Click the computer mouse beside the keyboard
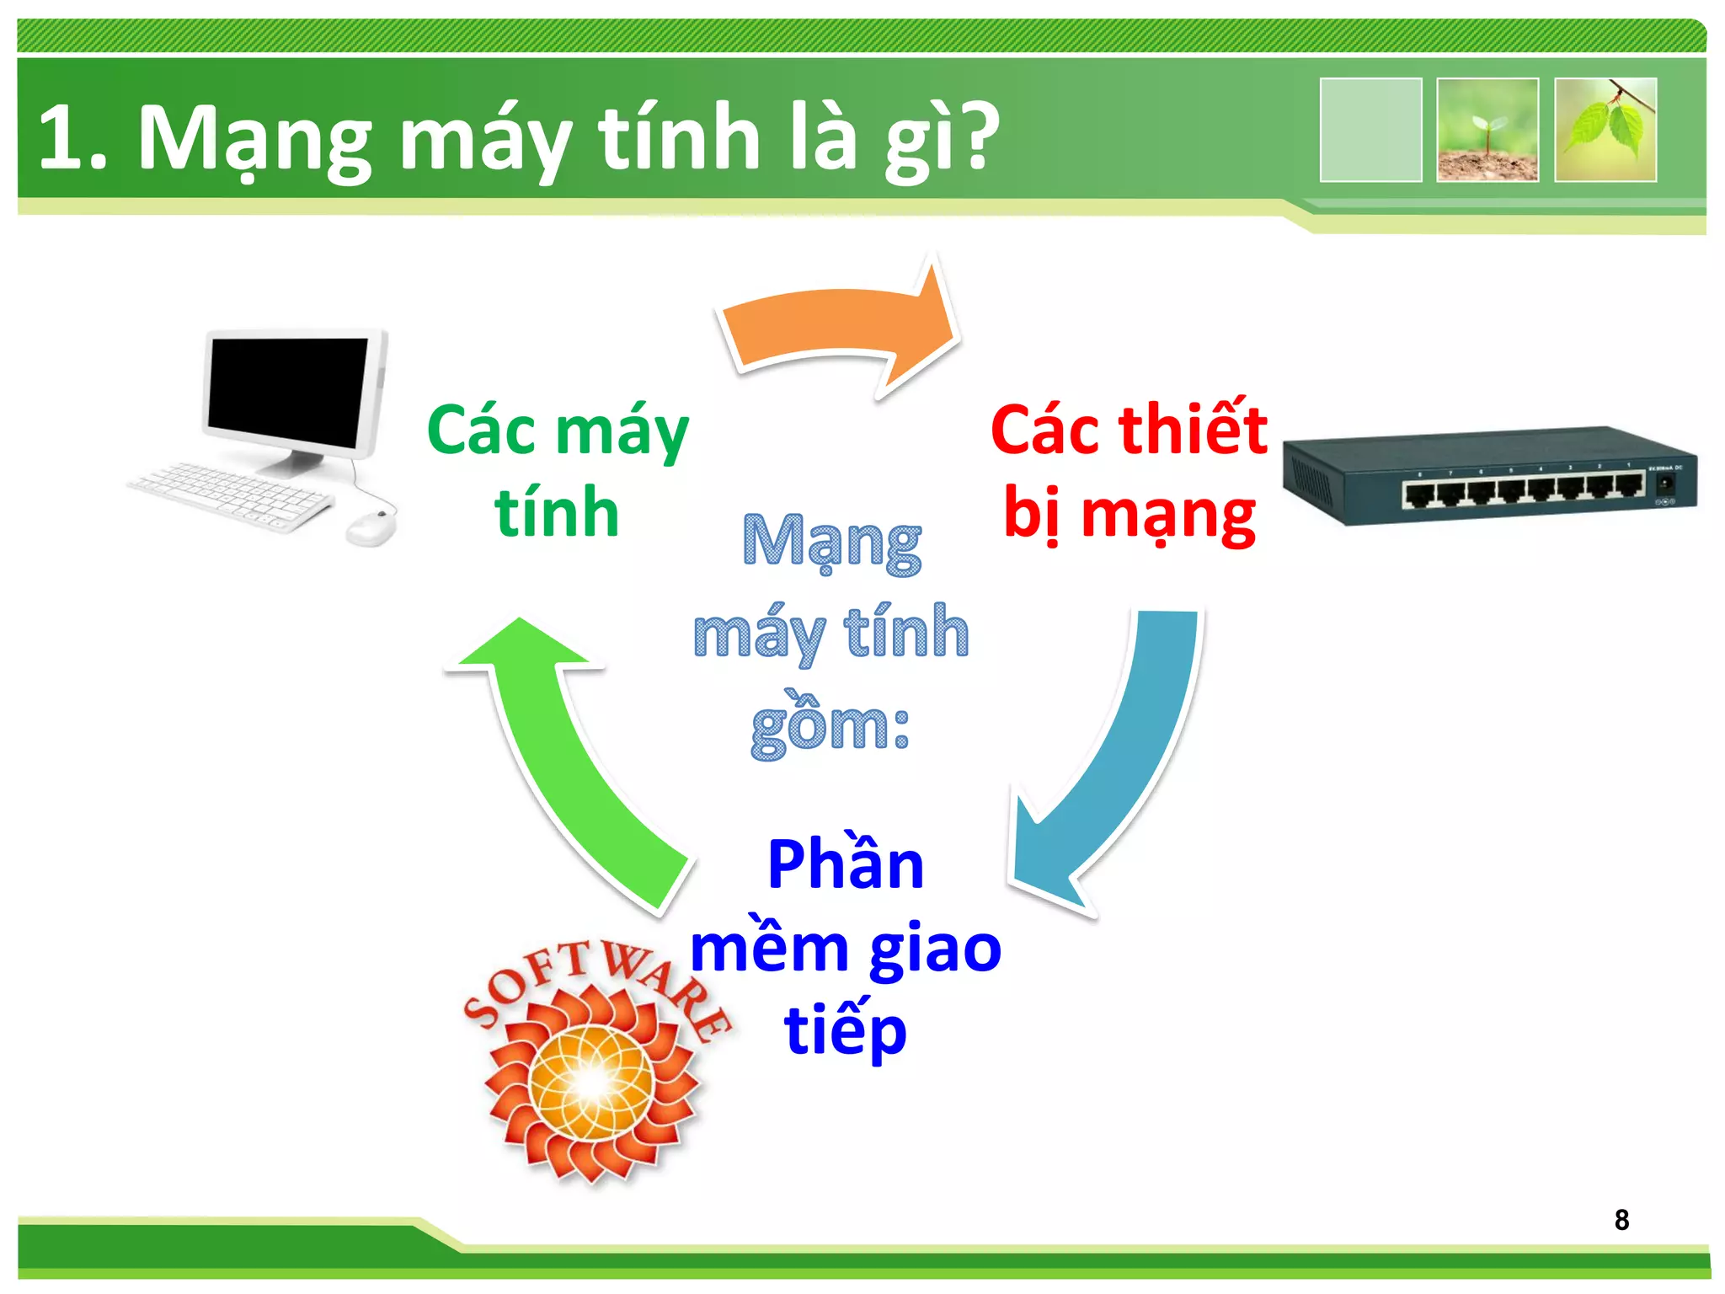371,528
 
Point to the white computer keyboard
232,497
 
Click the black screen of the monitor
288,392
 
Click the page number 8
1621,1219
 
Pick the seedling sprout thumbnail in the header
1487,130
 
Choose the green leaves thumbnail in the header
1605,130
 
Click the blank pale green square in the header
1370,130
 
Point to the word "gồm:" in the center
830,726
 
